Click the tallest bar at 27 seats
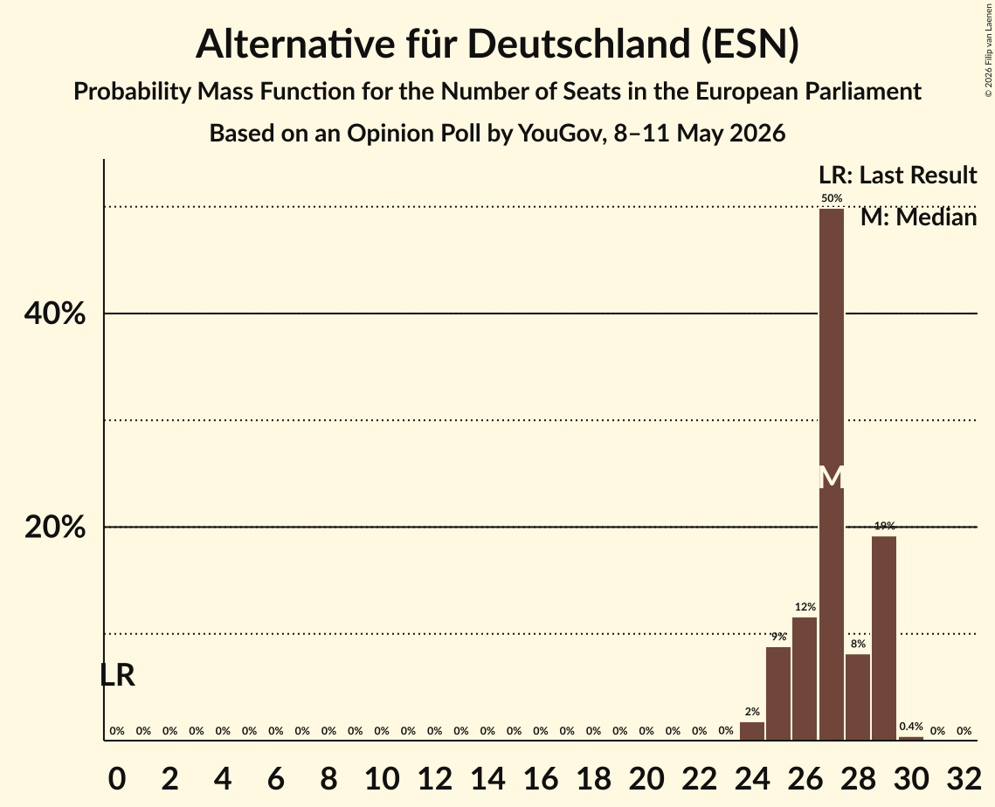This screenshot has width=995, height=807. pos(832,474)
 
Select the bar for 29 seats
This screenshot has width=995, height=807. pos(884,638)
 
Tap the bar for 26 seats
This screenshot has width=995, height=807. pos(805,679)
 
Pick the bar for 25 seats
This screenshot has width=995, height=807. pos(778,693)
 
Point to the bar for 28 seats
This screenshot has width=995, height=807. pos(858,697)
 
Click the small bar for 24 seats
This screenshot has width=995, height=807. pos(752,731)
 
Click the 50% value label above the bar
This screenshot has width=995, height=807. pos(832,198)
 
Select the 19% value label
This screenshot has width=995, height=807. pos(885,525)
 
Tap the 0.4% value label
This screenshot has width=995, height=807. pos(911,726)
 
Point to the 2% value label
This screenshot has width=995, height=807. pos(752,712)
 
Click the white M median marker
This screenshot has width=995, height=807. pos(832,477)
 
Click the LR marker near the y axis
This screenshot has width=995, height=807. pos(117,675)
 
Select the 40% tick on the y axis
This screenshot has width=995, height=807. pos(54,314)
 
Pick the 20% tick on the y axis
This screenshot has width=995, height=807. pos(54,527)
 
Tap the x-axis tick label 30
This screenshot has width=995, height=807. pos(911,778)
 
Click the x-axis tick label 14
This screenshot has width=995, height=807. pos(487,778)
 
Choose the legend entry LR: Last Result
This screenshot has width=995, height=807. pos(898,175)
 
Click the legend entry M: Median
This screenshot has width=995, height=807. pos(919,217)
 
